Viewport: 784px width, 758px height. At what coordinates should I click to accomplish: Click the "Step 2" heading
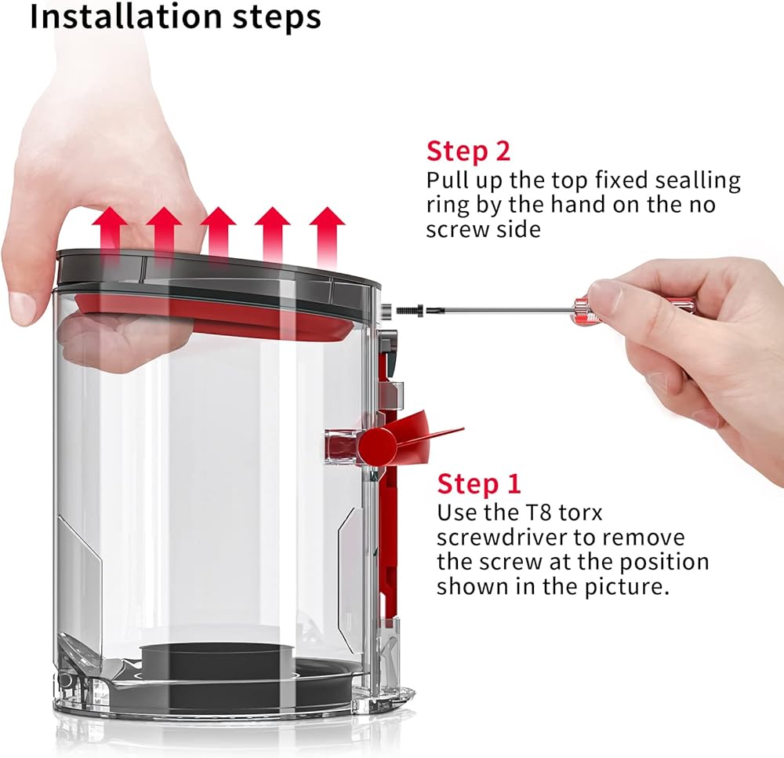(468, 151)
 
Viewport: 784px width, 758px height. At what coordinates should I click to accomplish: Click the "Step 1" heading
(478, 484)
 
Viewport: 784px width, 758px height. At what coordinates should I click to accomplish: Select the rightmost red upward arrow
(328, 236)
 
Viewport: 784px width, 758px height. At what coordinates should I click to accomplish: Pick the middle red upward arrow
(219, 232)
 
